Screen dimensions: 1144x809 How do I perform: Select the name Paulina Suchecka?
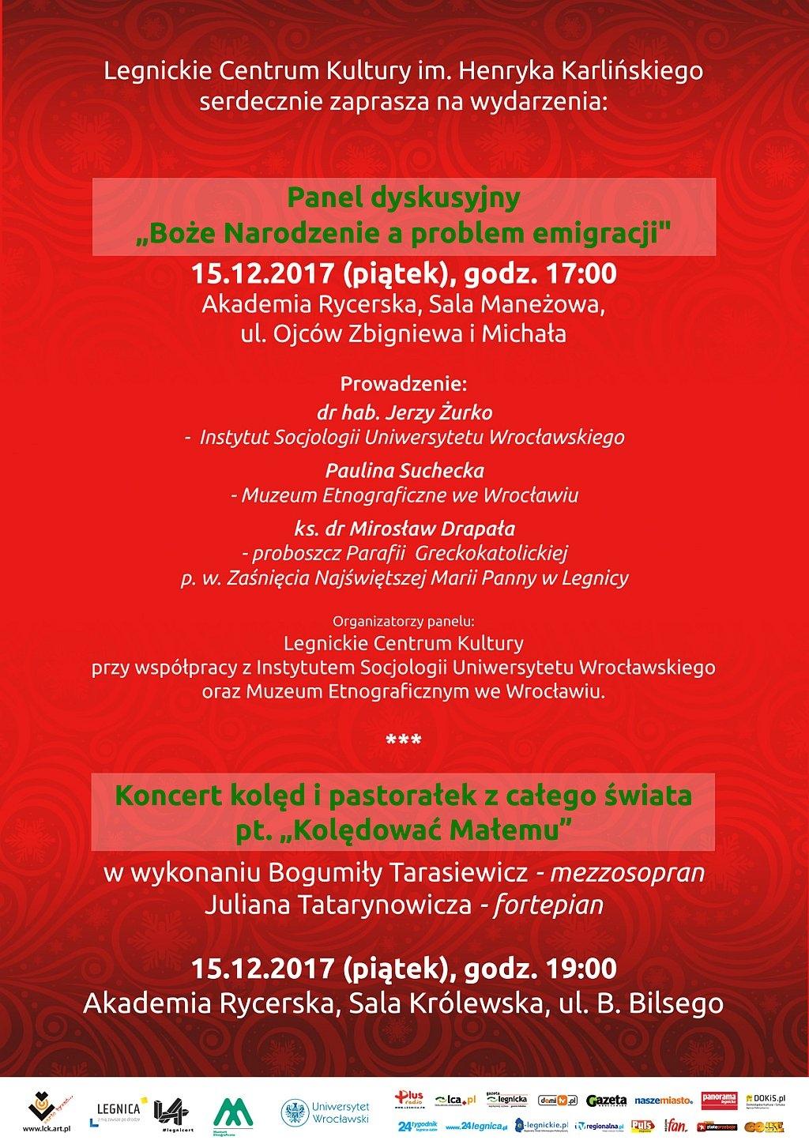(404, 470)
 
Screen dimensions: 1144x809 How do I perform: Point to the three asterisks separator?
(404, 741)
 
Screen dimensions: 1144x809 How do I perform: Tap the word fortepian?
(548, 905)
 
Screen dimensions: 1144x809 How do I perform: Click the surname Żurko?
(465, 412)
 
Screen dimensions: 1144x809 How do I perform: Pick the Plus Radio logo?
(411, 1100)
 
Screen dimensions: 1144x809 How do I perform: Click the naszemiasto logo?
(664, 1100)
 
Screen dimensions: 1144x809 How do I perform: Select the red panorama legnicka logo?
(718, 1099)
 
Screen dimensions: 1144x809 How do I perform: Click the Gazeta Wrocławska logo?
(607, 1100)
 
